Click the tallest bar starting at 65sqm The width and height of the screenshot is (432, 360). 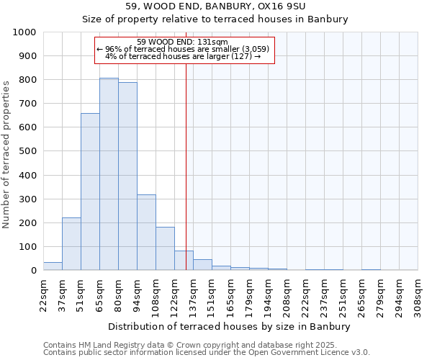point(109,174)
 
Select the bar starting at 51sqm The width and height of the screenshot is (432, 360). point(90,192)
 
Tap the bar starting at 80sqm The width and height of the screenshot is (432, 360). point(127,176)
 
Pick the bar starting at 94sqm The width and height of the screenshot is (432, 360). point(146,233)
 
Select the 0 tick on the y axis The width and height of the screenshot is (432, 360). point(34,271)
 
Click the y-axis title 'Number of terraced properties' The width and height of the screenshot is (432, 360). point(6,154)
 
